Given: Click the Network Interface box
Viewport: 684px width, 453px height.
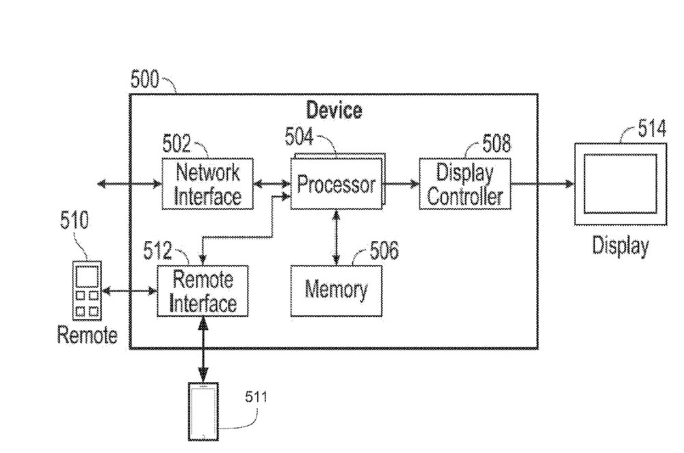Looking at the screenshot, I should [x=207, y=184].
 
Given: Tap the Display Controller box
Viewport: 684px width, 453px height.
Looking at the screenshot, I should [x=464, y=184].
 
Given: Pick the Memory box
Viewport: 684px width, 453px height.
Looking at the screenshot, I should [x=336, y=289].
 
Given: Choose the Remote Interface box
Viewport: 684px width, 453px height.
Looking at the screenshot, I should [x=202, y=290].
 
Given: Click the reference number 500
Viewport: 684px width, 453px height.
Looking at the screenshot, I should [x=144, y=81].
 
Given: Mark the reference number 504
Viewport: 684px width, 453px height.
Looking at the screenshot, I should [x=299, y=138].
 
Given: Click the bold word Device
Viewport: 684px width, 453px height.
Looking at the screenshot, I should [x=334, y=109].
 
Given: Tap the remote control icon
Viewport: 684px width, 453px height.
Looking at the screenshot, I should [x=87, y=290].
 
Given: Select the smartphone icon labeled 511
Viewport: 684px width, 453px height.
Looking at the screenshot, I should [x=203, y=411].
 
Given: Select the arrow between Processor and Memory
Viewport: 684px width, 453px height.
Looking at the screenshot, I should [x=336, y=236].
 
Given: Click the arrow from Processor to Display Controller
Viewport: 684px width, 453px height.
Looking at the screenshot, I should [x=402, y=184].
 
